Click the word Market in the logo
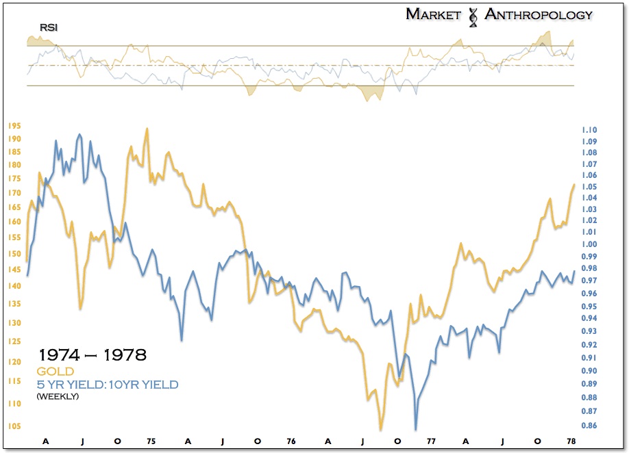pyautogui.click(x=433, y=14)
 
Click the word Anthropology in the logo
pyautogui.click(x=539, y=14)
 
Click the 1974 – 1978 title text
pyautogui.click(x=92, y=356)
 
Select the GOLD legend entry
pyautogui.click(x=56, y=372)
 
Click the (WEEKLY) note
pyautogui.click(x=58, y=396)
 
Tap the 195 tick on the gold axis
pyautogui.click(x=15, y=126)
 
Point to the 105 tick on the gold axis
pyautogui.click(x=15, y=426)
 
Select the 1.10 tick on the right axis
pyautogui.click(x=589, y=130)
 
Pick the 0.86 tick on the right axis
pyautogui.click(x=589, y=426)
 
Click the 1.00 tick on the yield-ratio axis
pyautogui.click(x=589, y=244)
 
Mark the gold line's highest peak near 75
pyautogui.click(x=146, y=129)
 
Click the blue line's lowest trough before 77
pyautogui.click(x=415, y=429)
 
